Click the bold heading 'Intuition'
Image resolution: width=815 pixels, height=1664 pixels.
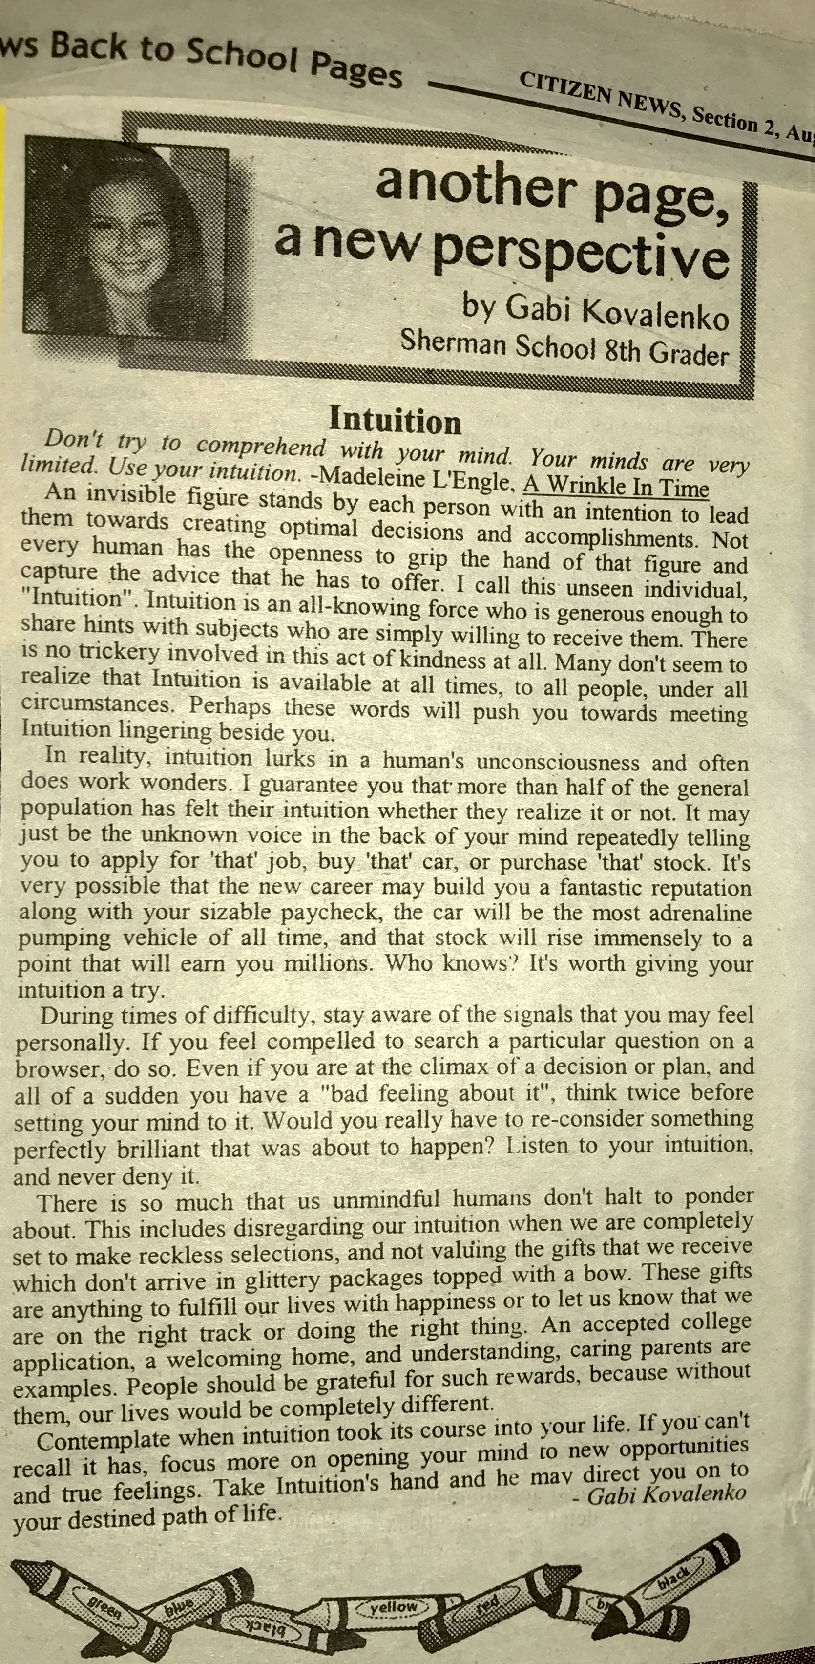(395, 421)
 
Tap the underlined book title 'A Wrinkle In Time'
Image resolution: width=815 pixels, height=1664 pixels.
(616, 485)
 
